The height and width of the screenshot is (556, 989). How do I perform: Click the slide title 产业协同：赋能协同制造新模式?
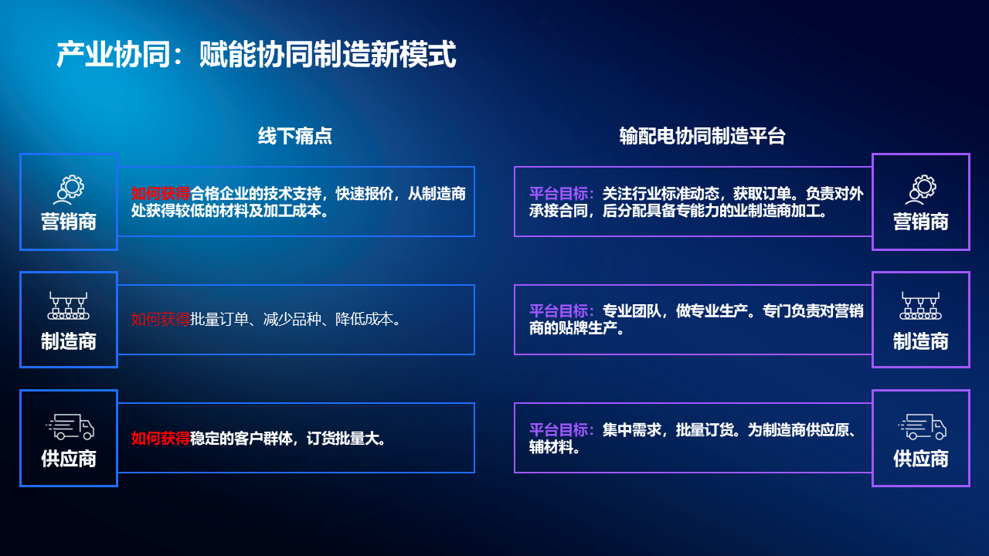256,54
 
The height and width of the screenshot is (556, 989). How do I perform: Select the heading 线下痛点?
295,136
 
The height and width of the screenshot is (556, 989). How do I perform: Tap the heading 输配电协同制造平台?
702,136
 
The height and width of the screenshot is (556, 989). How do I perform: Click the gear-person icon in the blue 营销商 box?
69,190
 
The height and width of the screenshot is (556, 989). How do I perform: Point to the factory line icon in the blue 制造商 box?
69,305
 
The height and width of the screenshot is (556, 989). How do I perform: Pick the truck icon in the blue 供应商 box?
70,427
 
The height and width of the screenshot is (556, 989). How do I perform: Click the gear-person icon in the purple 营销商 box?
920,190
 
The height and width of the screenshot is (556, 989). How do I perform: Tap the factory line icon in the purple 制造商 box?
920,305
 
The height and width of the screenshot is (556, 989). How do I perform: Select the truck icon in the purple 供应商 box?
922,427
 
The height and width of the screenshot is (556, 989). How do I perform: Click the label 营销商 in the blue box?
69,222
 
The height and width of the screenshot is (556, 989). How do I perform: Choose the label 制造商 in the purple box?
920,341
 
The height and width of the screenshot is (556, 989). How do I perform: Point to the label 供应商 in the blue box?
69,459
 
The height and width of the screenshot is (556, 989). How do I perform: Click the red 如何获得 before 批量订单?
160,319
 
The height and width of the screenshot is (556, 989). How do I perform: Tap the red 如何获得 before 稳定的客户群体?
160,438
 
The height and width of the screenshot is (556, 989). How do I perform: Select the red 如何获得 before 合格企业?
160,193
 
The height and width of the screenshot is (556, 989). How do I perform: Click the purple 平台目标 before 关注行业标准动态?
559,193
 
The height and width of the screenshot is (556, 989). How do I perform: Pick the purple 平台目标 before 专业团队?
559,311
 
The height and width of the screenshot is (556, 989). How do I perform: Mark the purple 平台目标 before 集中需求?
559,429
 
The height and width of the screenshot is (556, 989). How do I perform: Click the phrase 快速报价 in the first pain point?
364,193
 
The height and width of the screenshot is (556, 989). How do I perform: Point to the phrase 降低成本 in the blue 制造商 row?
364,319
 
